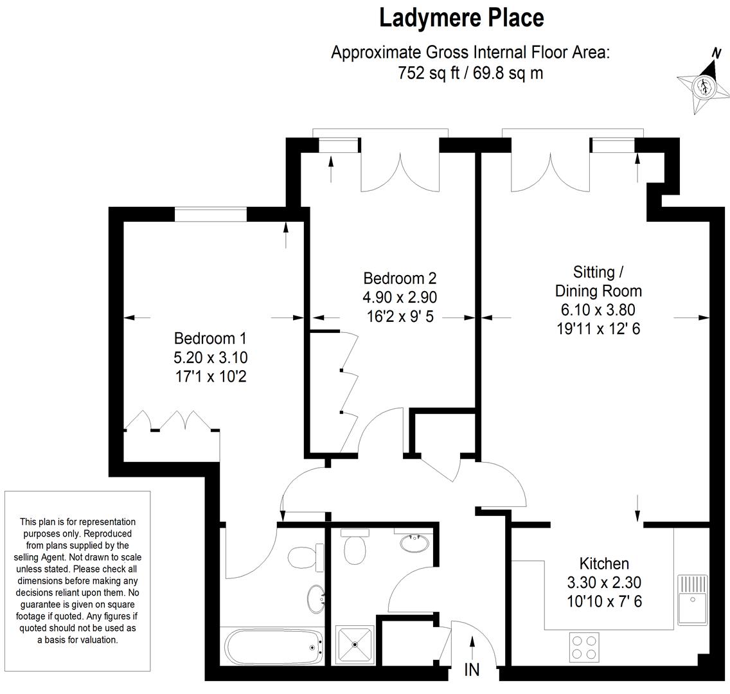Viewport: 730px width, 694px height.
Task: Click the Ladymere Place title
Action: pyautogui.click(x=461, y=19)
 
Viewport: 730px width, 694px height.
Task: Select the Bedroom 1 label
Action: pyautogui.click(x=210, y=338)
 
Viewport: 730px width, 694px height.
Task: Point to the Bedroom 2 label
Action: pyautogui.click(x=400, y=278)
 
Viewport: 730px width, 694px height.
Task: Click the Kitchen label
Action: pyautogui.click(x=604, y=564)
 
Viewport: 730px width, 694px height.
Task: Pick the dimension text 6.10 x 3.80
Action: pyautogui.click(x=598, y=310)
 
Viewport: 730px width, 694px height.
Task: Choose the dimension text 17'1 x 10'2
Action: pyautogui.click(x=210, y=376)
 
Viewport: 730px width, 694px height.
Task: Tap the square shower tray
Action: pyautogui.click(x=355, y=644)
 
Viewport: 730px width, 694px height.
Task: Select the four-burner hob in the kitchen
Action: pyautogui.click(x=585, y=648)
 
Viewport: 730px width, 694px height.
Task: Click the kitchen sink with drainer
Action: pyautogui.click(x=693, y=599)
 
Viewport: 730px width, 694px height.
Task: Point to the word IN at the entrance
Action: pyautogui.click(x=472, y=670)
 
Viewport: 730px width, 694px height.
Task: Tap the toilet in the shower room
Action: pyautogui.click(x=355, y=546)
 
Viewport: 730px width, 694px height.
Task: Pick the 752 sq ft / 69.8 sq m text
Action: pyautogui.click(x=470, y=73)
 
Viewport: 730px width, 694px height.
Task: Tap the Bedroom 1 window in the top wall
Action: pyautogui.click(x=210, y=215)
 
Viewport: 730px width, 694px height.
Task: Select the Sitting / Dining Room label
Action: pyautogui.click(x=598, y=281)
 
